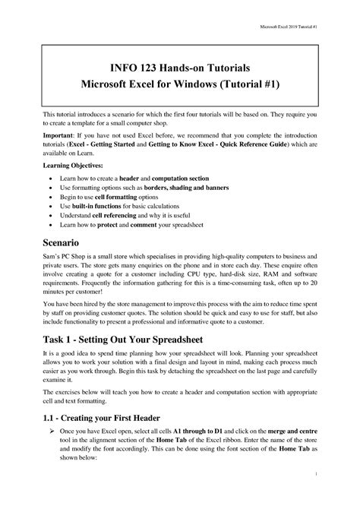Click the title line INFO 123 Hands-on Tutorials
179,67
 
